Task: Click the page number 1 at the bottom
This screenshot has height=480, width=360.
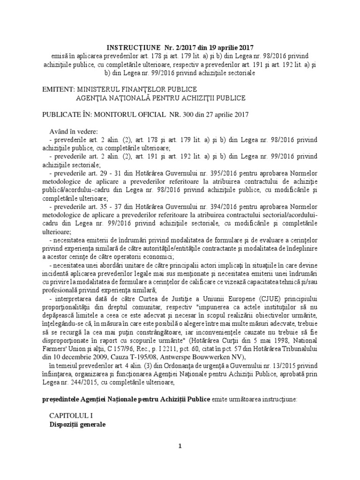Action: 180,445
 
